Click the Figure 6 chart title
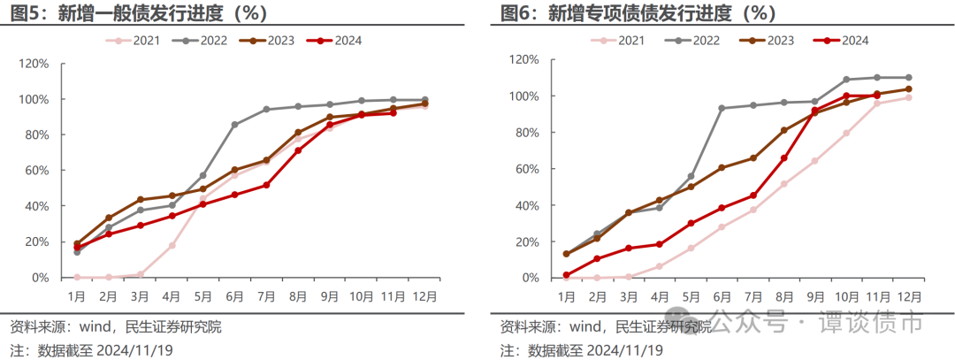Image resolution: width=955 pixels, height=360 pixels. point(637,13)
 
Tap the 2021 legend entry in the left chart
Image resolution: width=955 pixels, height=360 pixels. point(133,40)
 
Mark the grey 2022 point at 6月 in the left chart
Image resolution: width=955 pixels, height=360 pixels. point(234,125)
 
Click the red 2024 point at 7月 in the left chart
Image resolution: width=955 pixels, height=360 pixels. point(266,185)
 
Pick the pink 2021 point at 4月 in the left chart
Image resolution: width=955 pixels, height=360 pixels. point(172,245)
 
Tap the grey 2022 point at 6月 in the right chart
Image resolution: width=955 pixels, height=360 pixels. point(721,108)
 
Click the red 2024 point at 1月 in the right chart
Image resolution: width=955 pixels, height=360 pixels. point(567,275)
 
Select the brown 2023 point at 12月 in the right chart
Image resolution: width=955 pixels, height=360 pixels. point(908,88)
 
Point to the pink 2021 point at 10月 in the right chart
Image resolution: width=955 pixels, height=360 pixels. point(846,134)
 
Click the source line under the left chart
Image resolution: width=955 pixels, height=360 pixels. point(116,327)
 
